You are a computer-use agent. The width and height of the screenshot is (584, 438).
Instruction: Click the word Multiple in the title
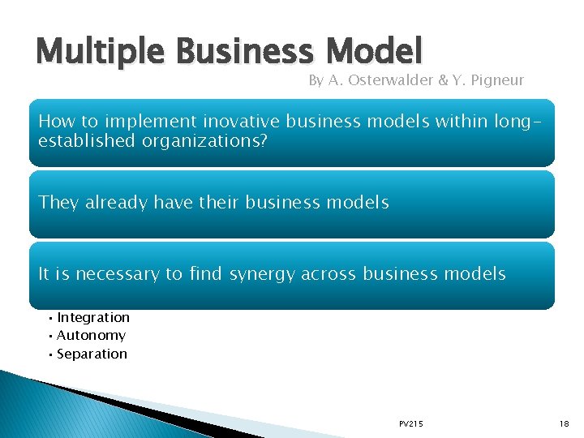(x=88, y=53)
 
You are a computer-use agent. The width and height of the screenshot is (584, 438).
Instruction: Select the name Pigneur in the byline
(x=496, y=80)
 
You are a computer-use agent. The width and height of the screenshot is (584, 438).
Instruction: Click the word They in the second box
(x=57, y=202)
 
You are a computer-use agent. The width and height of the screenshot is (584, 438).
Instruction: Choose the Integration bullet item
(x=93, y=317)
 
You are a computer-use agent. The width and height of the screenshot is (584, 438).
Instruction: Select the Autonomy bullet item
(x=91, y=335)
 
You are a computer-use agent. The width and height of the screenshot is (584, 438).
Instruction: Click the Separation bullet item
(x=92, y=354)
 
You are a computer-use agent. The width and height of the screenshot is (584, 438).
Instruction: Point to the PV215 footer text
(x=410, y=424)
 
